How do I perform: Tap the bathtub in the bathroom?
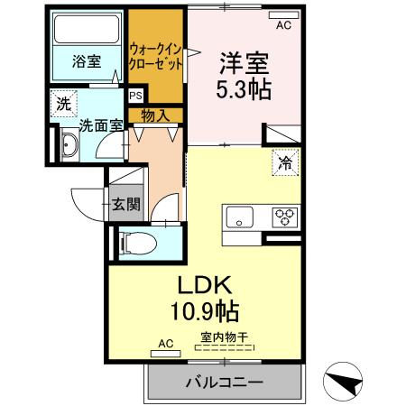(x=88, y=31)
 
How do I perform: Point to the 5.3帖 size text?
(x=243, y=89)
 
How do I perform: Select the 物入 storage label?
(x=154, y=115)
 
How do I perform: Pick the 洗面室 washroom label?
(x=99, y=125)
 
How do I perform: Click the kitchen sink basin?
(x=242, y=217)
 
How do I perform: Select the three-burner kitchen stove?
(x=285, y=217)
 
